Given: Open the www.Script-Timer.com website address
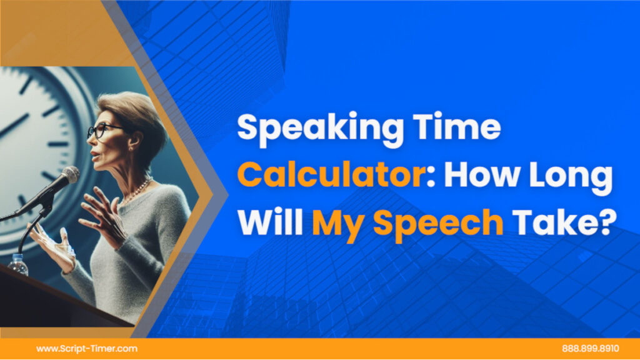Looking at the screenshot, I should click(87, 349).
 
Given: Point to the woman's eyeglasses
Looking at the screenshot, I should click(103, 129).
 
